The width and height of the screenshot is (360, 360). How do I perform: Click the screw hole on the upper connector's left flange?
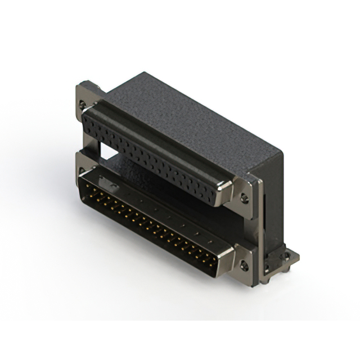pos(83,105)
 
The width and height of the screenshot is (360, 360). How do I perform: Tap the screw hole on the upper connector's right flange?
pos(244,197)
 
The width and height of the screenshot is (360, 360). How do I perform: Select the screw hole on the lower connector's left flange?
pos(82,170)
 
